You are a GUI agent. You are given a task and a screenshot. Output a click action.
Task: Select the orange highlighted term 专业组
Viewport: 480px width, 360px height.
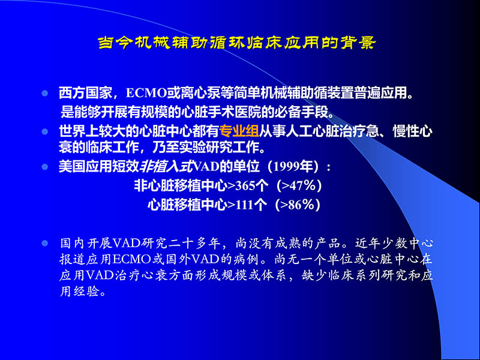239,132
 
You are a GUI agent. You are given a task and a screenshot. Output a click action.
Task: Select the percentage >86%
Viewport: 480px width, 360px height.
302,205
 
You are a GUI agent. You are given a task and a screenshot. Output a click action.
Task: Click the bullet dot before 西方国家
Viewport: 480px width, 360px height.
44,95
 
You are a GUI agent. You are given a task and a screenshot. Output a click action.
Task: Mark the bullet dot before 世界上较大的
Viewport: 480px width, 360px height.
44,132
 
